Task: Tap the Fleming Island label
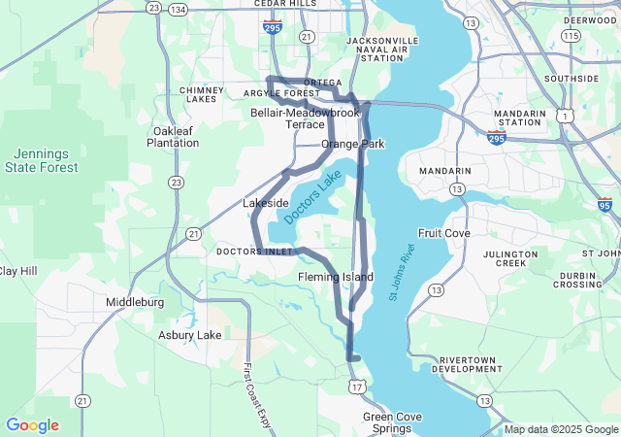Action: pos(335,278)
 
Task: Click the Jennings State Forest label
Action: pos(47,160)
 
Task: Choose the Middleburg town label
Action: pos(135,302)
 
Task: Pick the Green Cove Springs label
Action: pos(392,422)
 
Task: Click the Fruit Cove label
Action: pos(443,234)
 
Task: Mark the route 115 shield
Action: pos(572,36)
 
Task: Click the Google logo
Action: pos(32,425)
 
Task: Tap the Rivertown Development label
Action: pos(467,364)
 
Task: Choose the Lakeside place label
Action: pos(265,204)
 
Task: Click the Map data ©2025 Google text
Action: pos(560,429)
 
